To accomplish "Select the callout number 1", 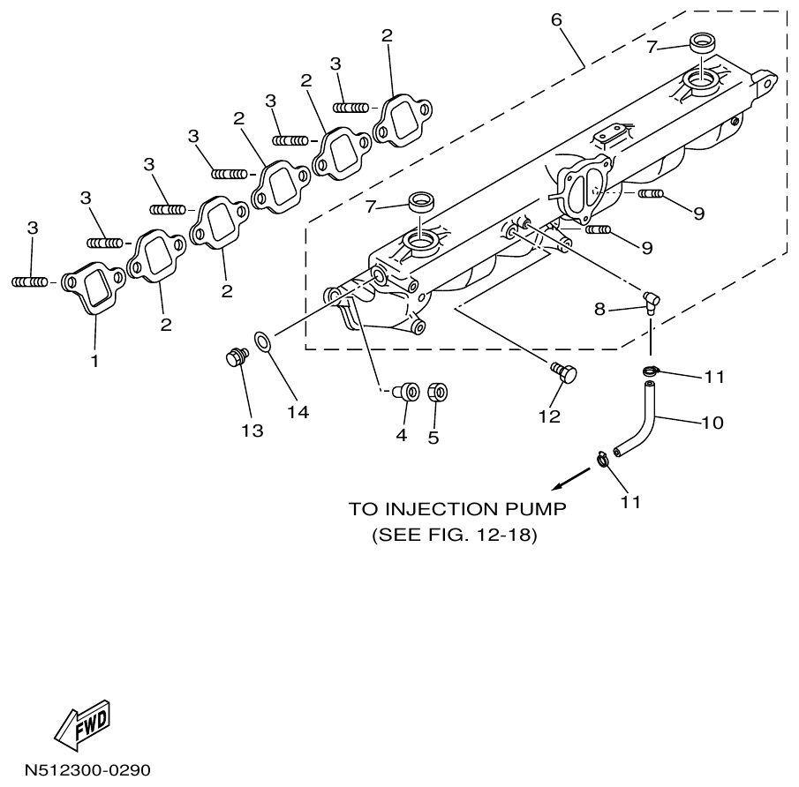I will pyautogui.click(x=95, y=361).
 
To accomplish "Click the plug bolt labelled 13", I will pyautogui.click(x=235, y=358).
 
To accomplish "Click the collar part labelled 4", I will pyautogui.click(x=408, y=392).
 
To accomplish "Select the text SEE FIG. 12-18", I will pyautogui.click(x=455, y=535).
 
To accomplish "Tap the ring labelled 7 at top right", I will pyautogui.click(x=703, y=42).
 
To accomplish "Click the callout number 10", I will pyautogui.click(x=712, y=423).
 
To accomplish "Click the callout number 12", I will pyautogui.click(x=549, y=416).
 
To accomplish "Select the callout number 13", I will pyautogui.click(x=252, y=431).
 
